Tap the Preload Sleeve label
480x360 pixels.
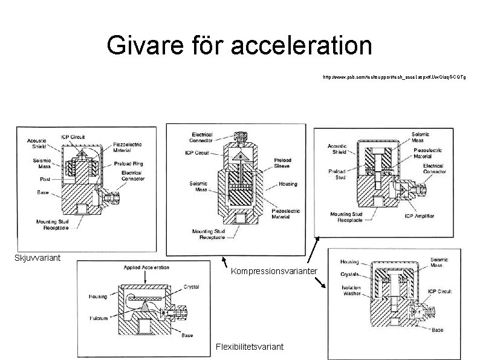tap(281, 163)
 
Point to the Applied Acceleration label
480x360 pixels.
tap(146, 267)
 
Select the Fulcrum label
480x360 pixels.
tap(98, 318)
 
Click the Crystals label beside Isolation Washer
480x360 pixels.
tap(349, 274)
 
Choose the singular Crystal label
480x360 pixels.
tap(192, 286)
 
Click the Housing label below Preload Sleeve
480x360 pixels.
tap(288, 184)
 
